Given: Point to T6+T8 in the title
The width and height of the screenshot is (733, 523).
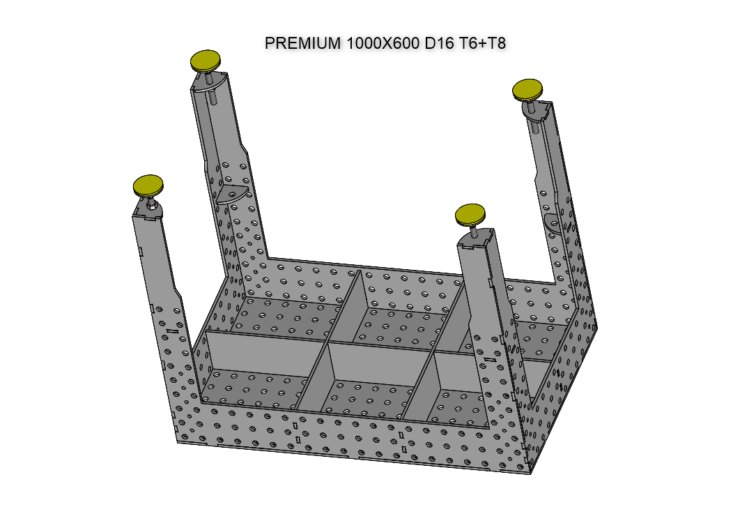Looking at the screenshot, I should [482, 43].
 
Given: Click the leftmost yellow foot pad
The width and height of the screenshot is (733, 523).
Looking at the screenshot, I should [148, 185].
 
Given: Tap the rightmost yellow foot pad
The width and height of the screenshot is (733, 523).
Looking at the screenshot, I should [527, 90].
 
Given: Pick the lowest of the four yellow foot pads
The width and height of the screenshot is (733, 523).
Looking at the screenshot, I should [470, 214].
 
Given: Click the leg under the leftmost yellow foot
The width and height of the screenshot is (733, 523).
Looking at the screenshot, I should [157, 272].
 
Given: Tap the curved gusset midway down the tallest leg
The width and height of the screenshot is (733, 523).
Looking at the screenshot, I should [232, 195].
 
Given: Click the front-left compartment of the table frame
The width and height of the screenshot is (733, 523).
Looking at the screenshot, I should [254, 377].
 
